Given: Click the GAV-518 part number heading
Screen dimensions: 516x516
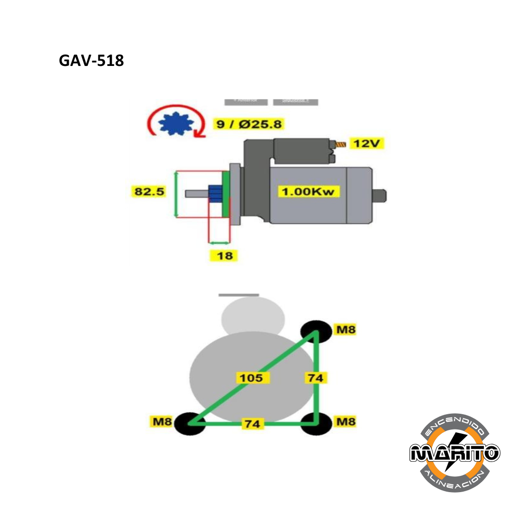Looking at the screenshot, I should point(91,61).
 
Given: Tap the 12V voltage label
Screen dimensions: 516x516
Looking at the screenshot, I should point(366,143).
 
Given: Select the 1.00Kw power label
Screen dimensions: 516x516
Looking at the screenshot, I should point(309,192).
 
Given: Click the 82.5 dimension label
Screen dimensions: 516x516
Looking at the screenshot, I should point(149,192).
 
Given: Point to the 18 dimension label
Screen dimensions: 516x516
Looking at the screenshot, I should point(224,256).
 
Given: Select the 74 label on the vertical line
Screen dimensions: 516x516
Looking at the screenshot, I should point(315,378).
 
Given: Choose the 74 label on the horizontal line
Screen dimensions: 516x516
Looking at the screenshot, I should point(253,423).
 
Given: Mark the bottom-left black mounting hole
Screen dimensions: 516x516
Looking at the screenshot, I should point(189,423).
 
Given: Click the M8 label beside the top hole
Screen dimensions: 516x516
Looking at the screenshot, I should point(345,330).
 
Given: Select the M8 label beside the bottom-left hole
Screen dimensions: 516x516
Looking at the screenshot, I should point(161,422).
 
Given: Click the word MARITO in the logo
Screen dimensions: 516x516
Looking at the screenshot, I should point(455,452).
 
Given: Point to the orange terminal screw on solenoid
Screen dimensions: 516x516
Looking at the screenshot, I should point(341,144).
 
